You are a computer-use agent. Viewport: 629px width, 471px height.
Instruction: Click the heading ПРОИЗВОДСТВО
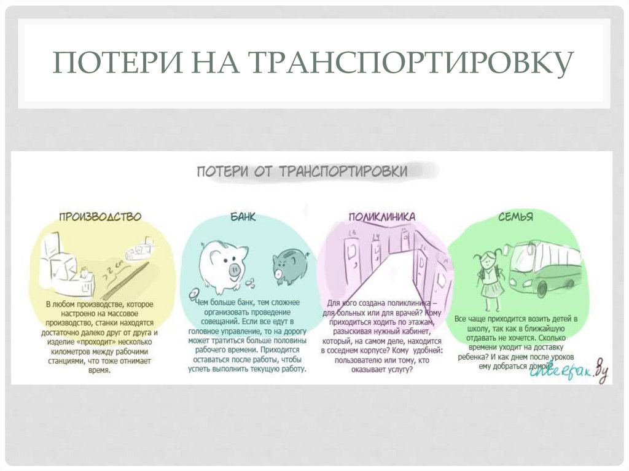click(100, 217)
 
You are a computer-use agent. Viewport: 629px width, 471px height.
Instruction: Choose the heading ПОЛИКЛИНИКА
click(382, 217)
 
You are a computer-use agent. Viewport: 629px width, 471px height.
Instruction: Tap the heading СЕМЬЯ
click(515, 217)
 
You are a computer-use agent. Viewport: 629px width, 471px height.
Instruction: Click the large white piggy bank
click(222, 264)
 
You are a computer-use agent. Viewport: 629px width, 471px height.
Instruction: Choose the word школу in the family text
click(471, 329)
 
